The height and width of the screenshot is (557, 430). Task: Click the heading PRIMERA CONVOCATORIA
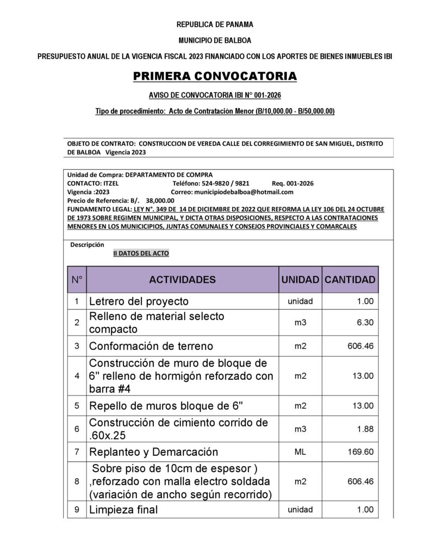[215, 76]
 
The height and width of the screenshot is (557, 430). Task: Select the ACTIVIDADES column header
[182, 280]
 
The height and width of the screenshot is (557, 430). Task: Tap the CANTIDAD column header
[350, 280]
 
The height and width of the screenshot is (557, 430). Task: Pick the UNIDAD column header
[300, 280]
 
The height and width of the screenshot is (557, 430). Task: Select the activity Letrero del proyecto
[139, 301]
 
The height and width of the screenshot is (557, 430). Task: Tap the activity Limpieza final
[123, 510]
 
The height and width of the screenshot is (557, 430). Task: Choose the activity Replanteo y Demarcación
[153, 452]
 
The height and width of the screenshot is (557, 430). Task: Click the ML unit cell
[300, 452]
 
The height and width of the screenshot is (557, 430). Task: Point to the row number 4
[77, 376]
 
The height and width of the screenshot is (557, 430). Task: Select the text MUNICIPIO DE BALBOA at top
[215, 40]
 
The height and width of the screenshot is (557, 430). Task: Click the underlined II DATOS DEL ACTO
[141, 253]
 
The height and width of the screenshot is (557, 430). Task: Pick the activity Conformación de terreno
[151, 346]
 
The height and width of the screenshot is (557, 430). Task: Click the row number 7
[77, 452]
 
